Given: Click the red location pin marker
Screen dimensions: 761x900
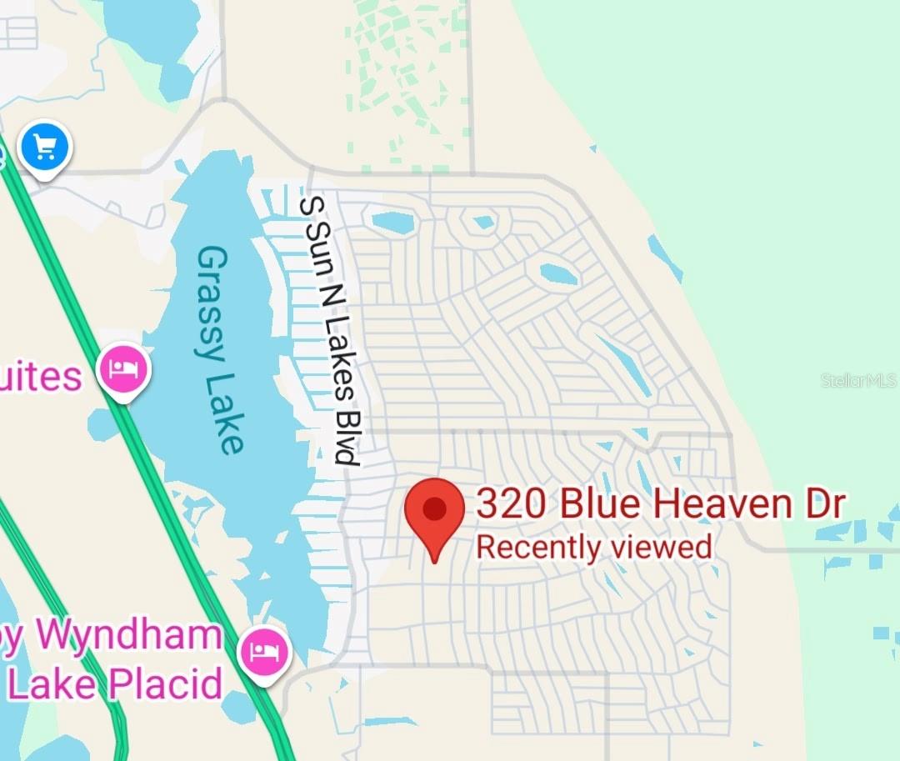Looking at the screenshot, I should click(x=434, y=511).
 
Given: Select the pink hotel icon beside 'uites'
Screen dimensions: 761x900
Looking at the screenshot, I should click(x=124, y=368).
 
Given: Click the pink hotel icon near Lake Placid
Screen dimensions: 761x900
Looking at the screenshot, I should click(x=264, y=650).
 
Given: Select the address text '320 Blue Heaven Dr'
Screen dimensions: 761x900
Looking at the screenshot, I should click(x=660, y=504).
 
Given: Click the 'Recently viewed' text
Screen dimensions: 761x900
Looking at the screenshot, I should click(x=593, y=548).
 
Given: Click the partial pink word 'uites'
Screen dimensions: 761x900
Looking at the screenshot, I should click(x=42, y=376).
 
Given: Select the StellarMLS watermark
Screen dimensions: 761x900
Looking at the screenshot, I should click(x=859, y=381).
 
